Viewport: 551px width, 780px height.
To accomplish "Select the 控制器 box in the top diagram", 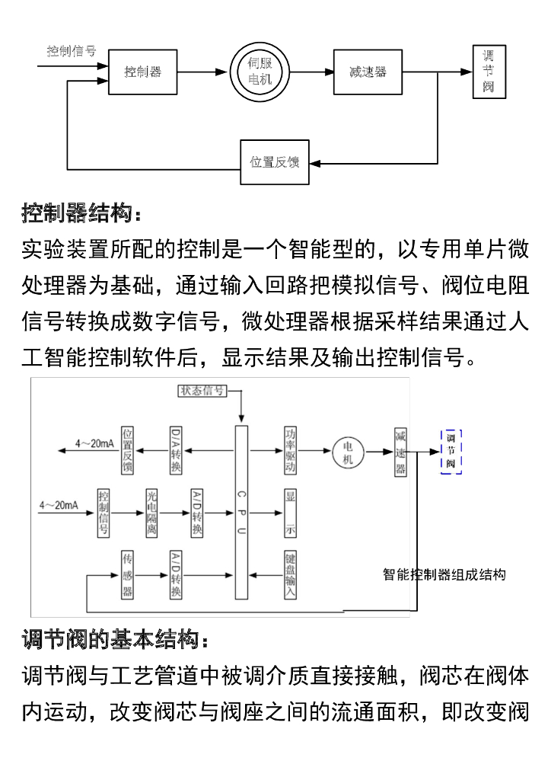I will coord(143,72).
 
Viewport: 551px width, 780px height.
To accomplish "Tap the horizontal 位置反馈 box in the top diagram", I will coord(275,162).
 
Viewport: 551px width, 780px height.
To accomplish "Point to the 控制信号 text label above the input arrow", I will coord(72,51).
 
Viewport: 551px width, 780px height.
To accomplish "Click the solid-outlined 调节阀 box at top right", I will coord(488,72).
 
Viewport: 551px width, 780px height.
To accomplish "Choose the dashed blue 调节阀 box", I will coord(451,451).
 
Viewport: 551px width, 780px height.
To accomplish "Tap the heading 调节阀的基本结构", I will coord(113,638).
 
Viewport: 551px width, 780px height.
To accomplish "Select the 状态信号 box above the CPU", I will coord(202,391).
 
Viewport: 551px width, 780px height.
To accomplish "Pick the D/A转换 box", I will coord(176,450).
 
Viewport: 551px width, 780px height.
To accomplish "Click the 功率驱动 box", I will coord(290,450).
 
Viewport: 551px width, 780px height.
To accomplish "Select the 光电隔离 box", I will coord(152,511).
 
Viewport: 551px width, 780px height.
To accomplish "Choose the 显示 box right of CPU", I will coord(290,511).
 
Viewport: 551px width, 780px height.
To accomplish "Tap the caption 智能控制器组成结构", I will coord(444,575).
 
